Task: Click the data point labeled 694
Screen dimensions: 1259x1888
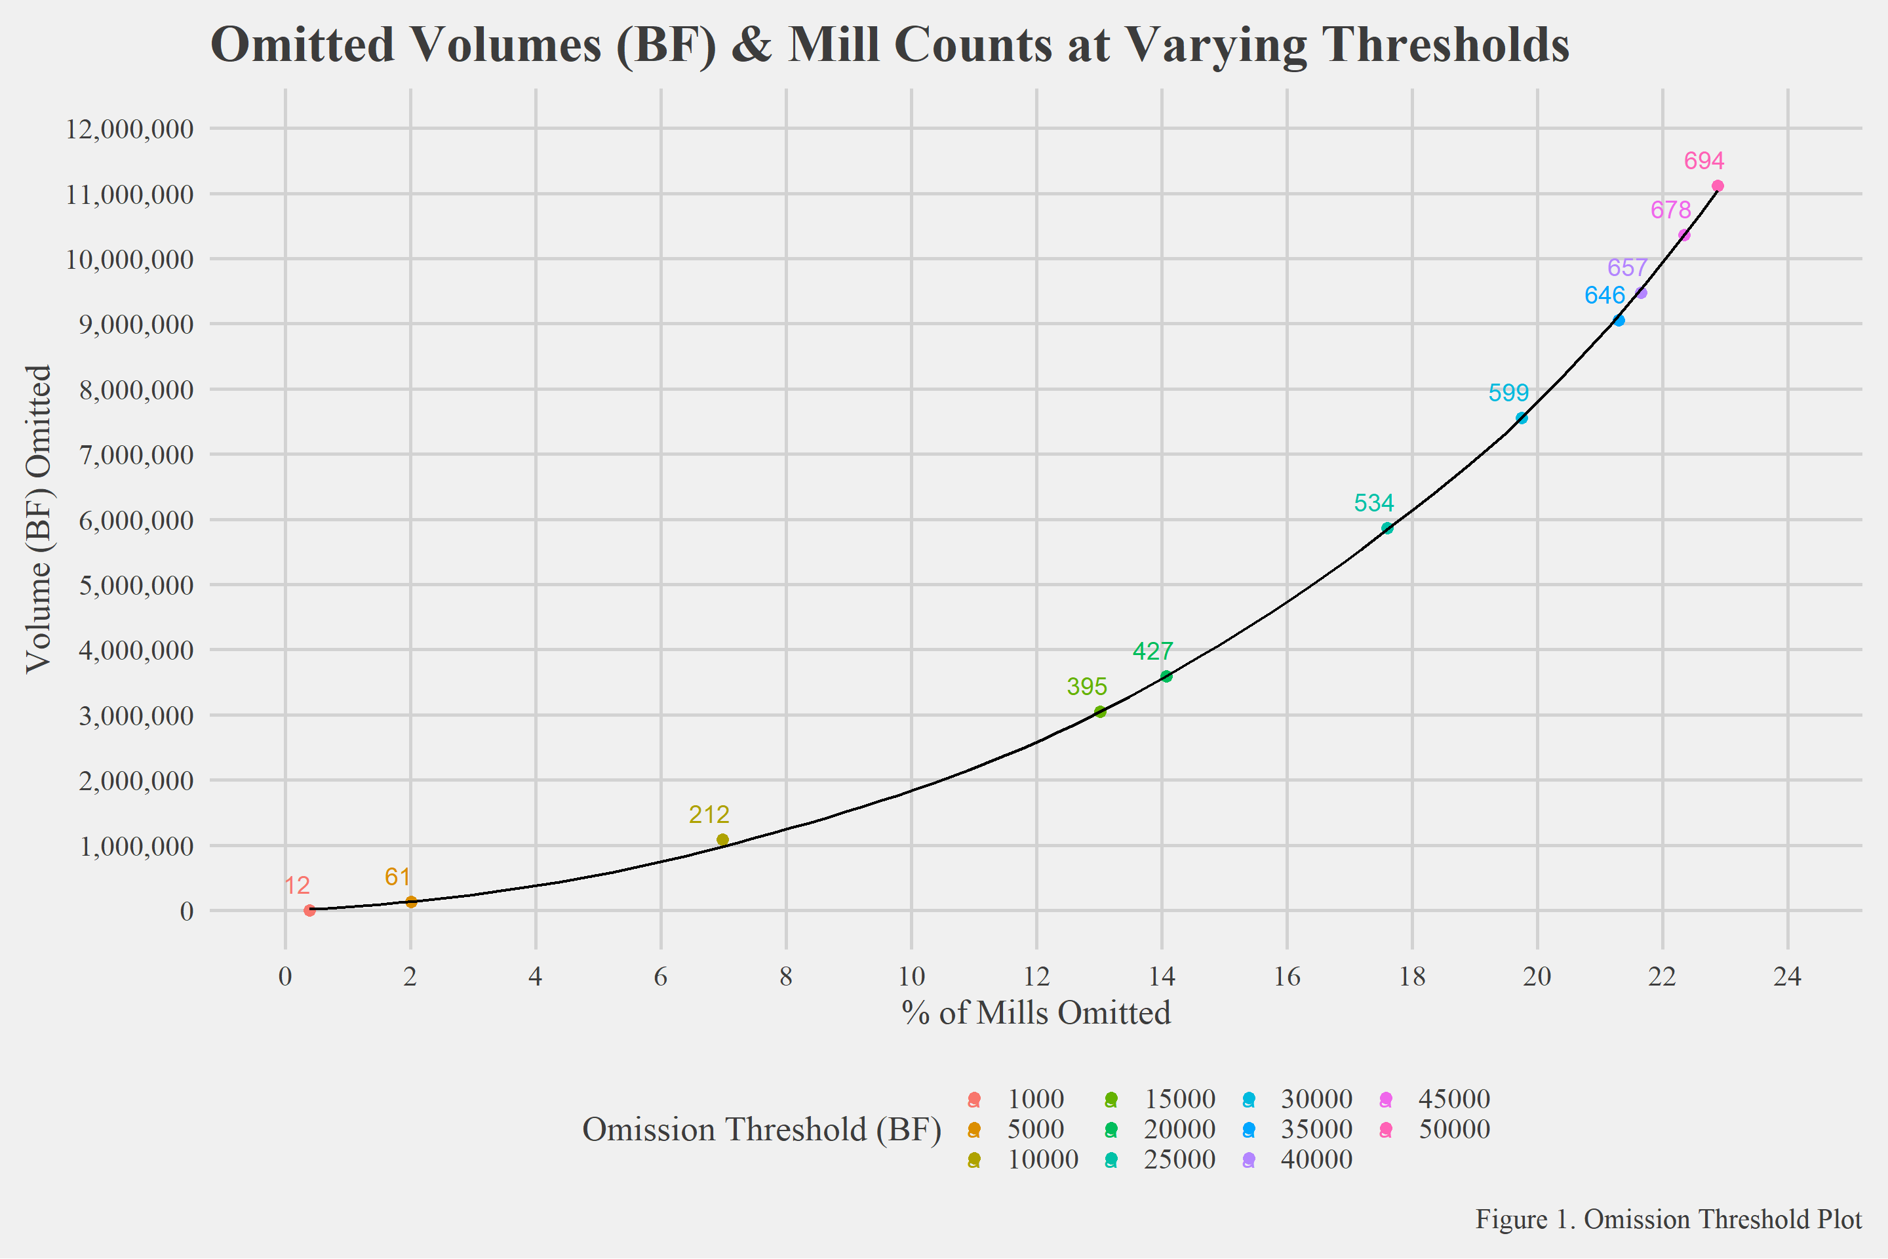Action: click(x=1718, y=186)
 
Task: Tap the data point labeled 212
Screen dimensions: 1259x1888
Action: click(x=722, y=840)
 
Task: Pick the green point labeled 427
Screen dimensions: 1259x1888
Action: click(x=1166, y=677)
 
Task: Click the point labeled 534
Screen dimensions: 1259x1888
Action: click(x=1387, y=529)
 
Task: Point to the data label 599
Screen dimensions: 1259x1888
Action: click(x=1508, y=393)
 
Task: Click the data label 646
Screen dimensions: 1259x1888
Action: click(x=1605, y=296)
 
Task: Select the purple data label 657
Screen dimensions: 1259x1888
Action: click(x=1627, y=268)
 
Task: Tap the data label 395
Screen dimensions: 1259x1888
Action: click(x=1087, y=687)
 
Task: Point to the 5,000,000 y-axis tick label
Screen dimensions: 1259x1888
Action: click(x=136, y=586)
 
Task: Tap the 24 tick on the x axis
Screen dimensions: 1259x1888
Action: click(x=1788, y=977)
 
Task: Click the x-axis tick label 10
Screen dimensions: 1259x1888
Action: click(x=911, y=977)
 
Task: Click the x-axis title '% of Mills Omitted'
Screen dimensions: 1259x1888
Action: click(x=1036, y=1013)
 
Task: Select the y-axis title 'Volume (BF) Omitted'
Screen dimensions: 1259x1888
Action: click(x=39, y=519)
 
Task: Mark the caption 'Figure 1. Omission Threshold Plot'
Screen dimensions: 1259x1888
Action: click(x=1668, y=1220)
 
